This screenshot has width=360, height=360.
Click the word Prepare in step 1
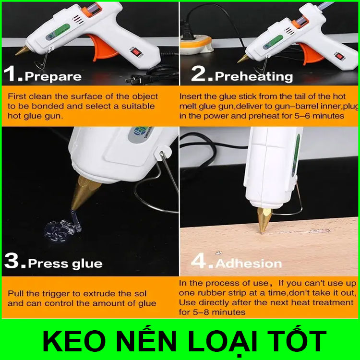[x=53, y=77]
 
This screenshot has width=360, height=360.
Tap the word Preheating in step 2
[x=254, y=76]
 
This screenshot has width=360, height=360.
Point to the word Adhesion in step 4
[x=249, y=264]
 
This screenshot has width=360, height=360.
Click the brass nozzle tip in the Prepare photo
[x=22, y=50]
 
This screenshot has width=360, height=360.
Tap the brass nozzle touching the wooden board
[x=264, y=220]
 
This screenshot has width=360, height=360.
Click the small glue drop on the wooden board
[x=218, y=253]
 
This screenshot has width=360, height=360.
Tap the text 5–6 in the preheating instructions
[x=302, y=116]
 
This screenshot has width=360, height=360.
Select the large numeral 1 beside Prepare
[x=10, y=73]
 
